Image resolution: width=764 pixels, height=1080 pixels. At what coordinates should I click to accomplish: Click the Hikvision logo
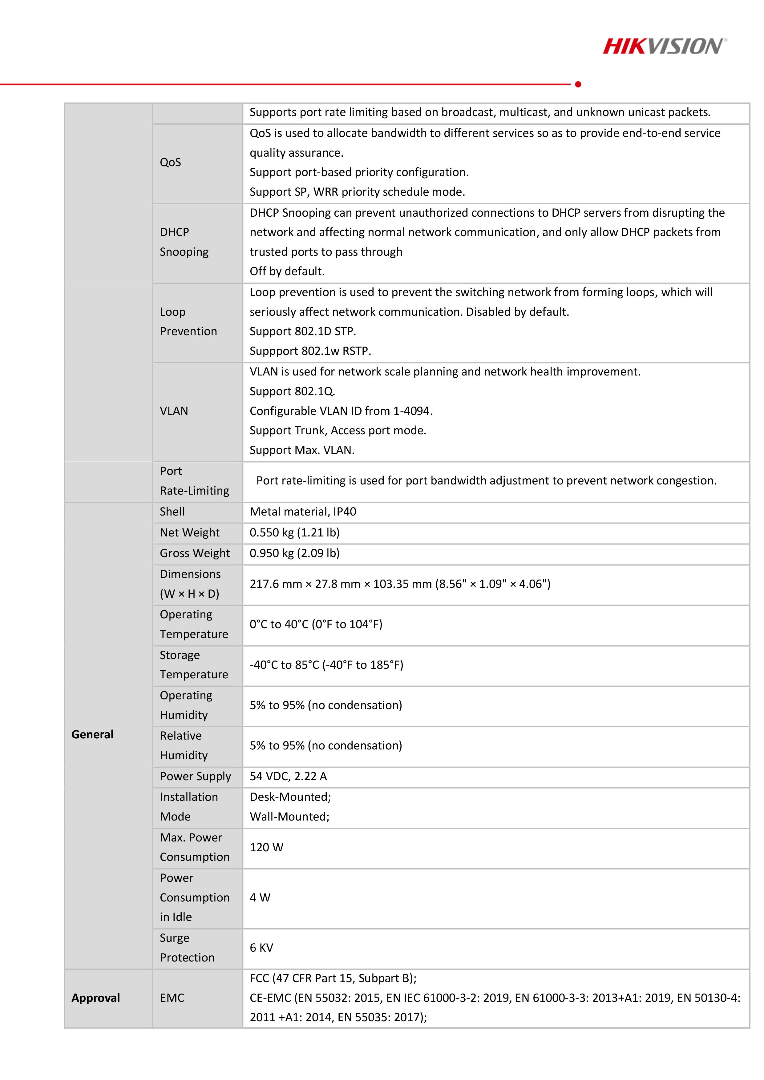[x=664, y=46]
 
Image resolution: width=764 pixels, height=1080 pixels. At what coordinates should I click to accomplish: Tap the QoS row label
[x=170, y=162]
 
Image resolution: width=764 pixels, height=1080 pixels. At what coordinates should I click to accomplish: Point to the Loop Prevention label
[x=188, y=322]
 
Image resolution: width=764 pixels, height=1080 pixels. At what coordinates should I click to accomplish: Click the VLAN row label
[x=174, y=411]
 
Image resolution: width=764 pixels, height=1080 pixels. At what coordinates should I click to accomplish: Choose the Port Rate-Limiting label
[x=194, y=481]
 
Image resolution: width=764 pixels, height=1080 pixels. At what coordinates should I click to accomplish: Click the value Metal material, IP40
[x=303, y=512]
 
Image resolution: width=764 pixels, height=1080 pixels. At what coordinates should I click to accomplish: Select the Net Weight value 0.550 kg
[x=294, y=532]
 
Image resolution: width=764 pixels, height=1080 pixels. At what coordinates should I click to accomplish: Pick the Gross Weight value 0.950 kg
[x=294, y=553]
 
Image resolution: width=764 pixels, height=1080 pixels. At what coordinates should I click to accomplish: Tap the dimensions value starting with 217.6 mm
[x=400, y=584]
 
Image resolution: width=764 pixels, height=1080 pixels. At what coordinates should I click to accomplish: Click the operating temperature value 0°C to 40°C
[x=316, y=624]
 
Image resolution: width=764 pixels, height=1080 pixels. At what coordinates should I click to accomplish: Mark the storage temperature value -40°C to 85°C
[x=326, y=665]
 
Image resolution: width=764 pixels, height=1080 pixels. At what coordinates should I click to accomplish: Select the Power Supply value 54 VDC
[x=288, y=776]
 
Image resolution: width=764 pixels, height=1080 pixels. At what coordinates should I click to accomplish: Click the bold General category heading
[x=92, y=734]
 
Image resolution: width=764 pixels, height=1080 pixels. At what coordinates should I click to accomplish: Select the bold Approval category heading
[x=95, y=998]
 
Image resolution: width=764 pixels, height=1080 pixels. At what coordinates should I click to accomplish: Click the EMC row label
[x=172, y=998]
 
